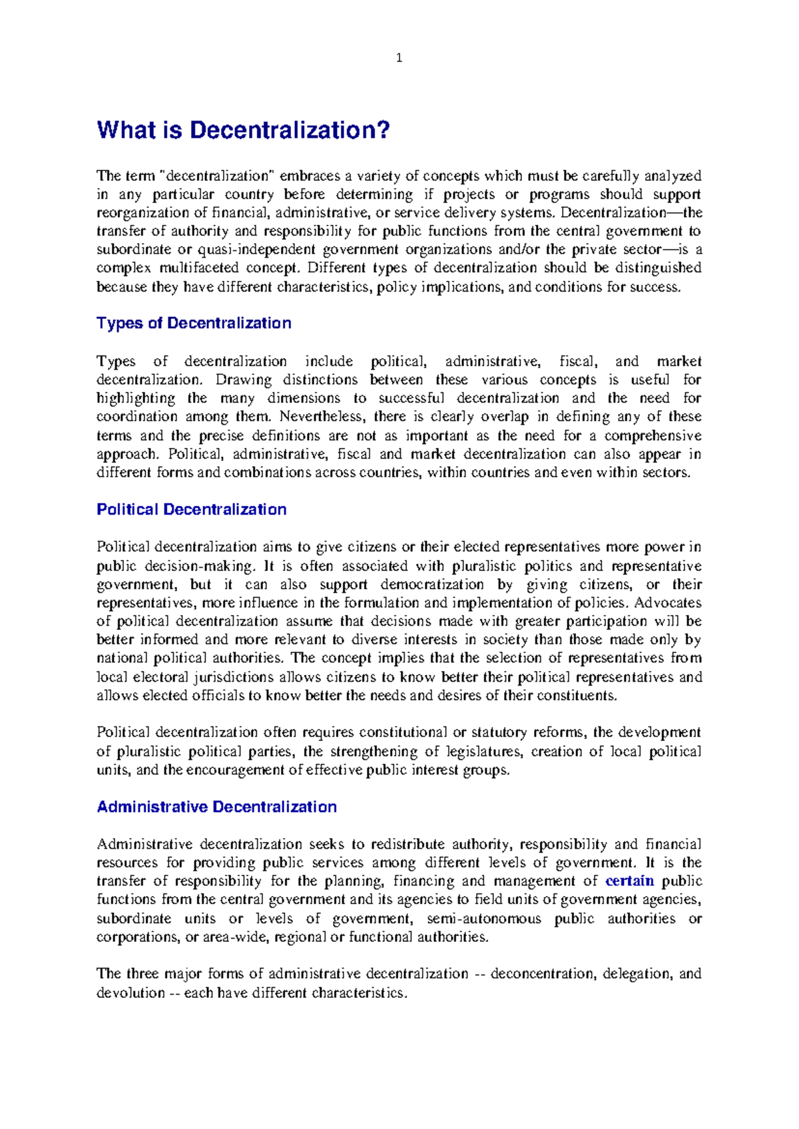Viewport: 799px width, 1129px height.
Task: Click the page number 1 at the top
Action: pos(399,58)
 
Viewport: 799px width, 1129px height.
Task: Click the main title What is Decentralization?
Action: pos(243,130)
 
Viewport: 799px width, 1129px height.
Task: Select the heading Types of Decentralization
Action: pos(194,323)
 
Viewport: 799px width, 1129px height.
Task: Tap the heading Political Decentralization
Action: pos(192,509)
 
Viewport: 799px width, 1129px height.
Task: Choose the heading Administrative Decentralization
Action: pos(217,807)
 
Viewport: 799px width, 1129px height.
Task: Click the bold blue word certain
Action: pos(629,881)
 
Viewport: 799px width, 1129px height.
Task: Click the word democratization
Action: pos(432,584)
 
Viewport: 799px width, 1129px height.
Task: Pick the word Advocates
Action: pos(668,602)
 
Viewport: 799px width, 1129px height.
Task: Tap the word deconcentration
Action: pos(542,974)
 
